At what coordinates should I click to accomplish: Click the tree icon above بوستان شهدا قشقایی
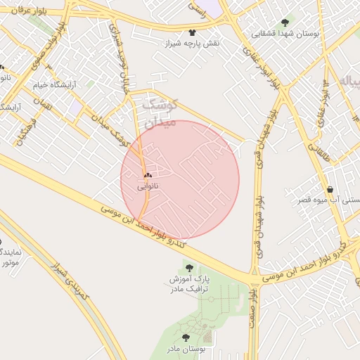285,22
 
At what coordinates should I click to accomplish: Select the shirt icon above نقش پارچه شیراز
193,32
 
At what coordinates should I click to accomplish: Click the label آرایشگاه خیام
54,84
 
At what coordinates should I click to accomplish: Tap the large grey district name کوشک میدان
161,113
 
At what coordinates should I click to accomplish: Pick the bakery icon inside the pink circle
148,175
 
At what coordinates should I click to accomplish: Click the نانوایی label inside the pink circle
148,186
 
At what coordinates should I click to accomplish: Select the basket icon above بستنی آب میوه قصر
330,188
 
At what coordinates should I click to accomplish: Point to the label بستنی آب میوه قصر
326,200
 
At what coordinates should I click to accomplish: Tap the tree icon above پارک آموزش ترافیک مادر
188,267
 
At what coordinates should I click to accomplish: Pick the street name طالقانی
314,140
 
